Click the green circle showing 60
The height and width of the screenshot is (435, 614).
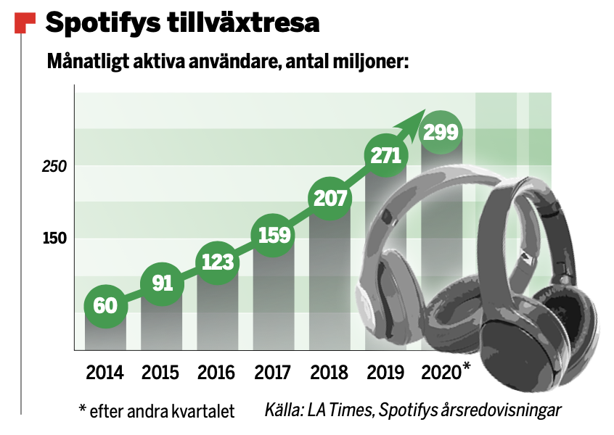[x=106, y=305]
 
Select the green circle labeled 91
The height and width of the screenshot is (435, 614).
[x=162, y=283]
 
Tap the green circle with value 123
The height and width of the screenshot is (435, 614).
[x=218, y=260]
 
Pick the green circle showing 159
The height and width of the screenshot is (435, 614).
[x=274, y=235]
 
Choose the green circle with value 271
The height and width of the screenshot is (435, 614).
[x=386, y=156]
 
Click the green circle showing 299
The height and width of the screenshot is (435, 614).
[x=442, y=133]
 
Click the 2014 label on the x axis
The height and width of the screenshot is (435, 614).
[x=105, y=373]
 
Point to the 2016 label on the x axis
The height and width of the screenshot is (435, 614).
[x=217, y=373]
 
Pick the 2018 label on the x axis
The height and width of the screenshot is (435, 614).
[x=329, y=373]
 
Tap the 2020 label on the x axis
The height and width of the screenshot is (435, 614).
[x=441, y=373]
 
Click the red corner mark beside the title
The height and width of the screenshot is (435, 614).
[x=24, y=22]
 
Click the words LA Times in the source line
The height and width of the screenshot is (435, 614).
[x=339, y=411]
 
